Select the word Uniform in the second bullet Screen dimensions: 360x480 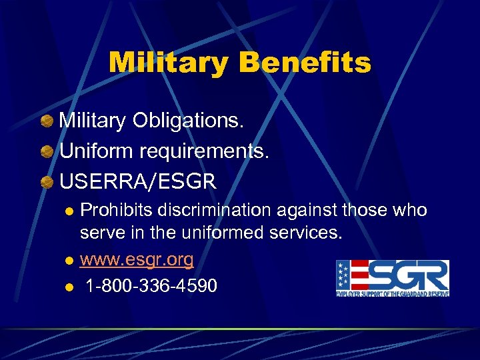(x=96, y=151)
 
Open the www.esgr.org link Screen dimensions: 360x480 (x=137, y=259)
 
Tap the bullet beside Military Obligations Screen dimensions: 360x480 (x=47, y=121)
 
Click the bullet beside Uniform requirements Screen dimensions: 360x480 (x=47, y=151)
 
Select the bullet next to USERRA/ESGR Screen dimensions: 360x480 (x=47, y=181)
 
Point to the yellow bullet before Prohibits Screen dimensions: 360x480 (x=69, y=211)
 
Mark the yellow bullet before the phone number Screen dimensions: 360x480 (x=69, y=287)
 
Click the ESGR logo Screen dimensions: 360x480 (x=393, y=278)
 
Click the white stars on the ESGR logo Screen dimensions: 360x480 (x=343, y=276)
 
